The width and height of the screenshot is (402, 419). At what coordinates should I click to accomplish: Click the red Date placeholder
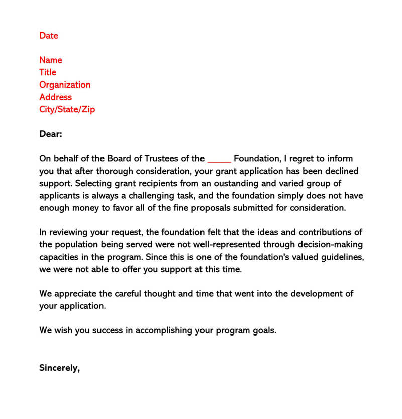click(x=49, y=36)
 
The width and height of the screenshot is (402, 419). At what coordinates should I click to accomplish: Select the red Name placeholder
click(x=51, y=60)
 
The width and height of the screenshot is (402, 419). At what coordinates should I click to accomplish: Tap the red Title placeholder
click(x=48, y=72)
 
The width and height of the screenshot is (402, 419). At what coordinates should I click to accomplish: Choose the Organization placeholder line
click(x=65, y=85)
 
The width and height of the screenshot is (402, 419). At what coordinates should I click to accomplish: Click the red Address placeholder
click(x=55, y=97)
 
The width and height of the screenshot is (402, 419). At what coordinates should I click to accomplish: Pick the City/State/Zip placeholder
click(x=67, y=109)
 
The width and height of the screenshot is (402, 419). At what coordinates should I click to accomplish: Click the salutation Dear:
click(x=50, y=134)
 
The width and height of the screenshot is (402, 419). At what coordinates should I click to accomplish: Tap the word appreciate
click(x=77, y=294)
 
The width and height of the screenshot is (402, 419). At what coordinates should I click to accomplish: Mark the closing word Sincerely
click(x=59, y=368)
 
